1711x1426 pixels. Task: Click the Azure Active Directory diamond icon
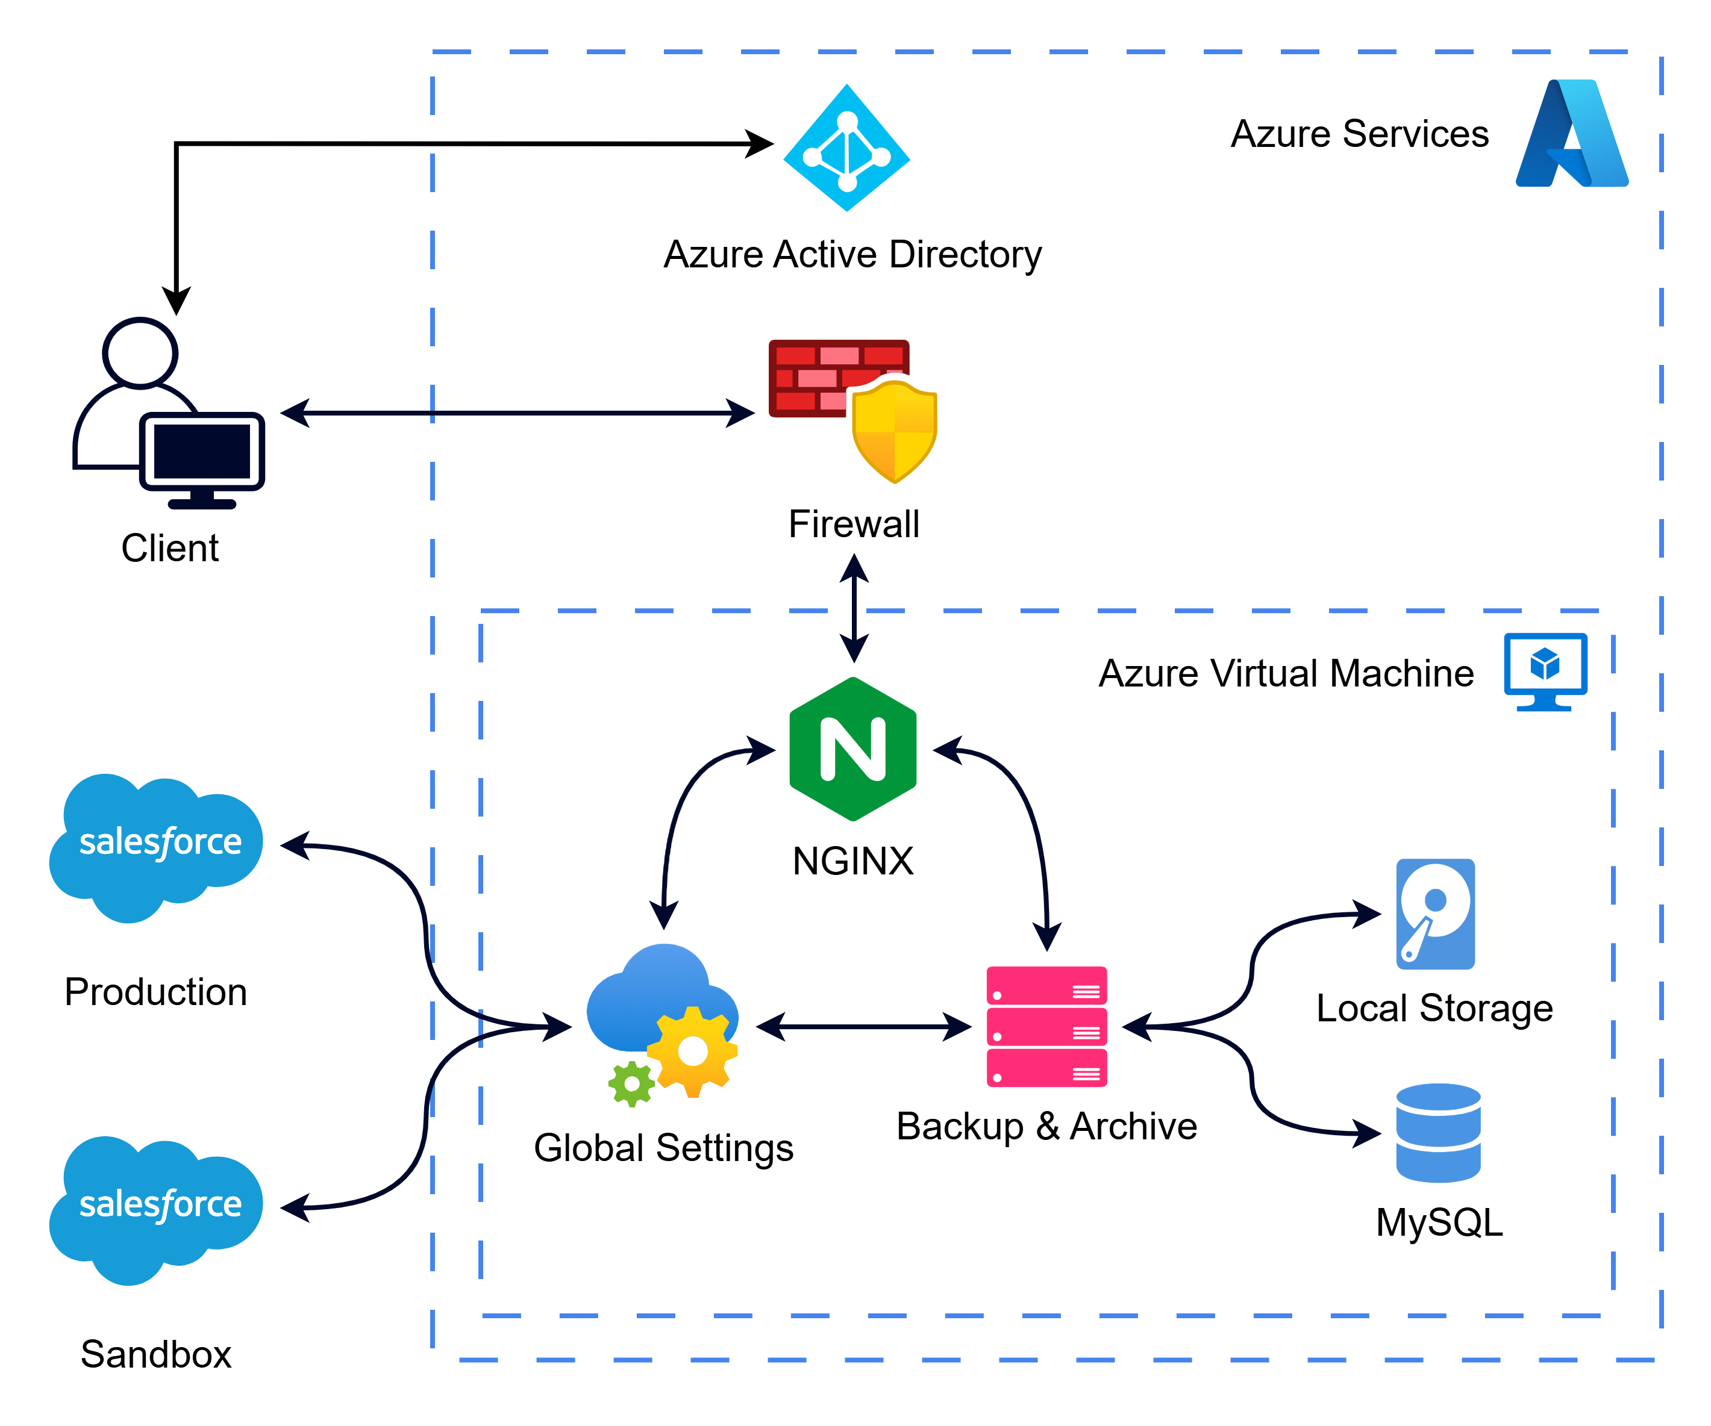[x=846, y=148]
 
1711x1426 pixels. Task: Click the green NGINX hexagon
[x=853, y=749]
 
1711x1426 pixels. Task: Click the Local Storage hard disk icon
[x=1435, y=914]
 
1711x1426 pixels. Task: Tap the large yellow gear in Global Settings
[x=693, y=1051]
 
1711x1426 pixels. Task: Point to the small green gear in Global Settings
[x=631, y=1084]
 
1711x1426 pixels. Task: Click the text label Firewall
[x=854, y=524]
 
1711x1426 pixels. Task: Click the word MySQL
[x=1439, y=1222]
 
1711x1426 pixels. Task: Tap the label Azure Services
[x=1359, y=134]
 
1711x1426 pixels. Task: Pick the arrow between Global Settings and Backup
[x=864, y=1026]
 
